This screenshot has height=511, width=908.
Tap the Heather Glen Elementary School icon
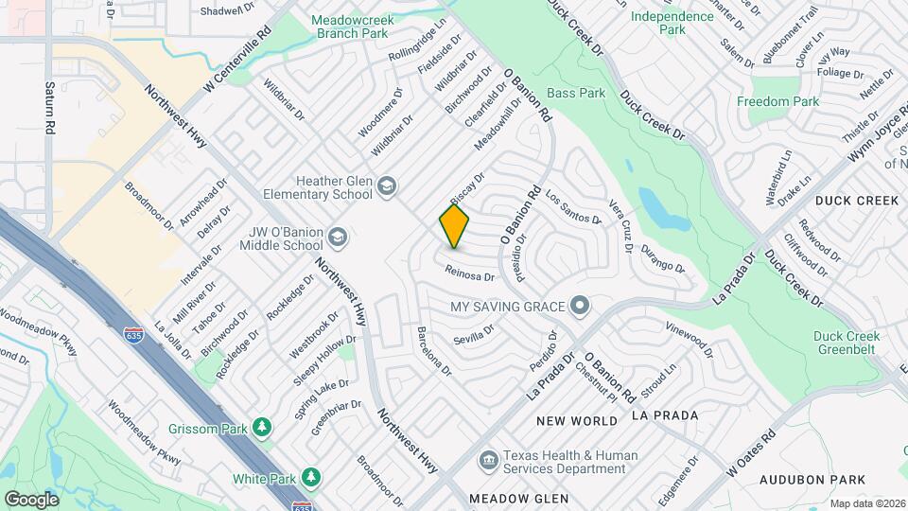(x=386, y=185)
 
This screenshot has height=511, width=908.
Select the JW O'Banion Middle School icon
(x=339, y=237)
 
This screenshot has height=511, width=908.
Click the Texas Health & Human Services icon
(x=488, y=461)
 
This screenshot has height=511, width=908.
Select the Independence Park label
(x=672, y=23)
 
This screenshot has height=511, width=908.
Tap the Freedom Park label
(x=777, y=101)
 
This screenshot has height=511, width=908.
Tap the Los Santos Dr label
(x=573, y=207)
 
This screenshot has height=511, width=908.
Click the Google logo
(x=31, y=499)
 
